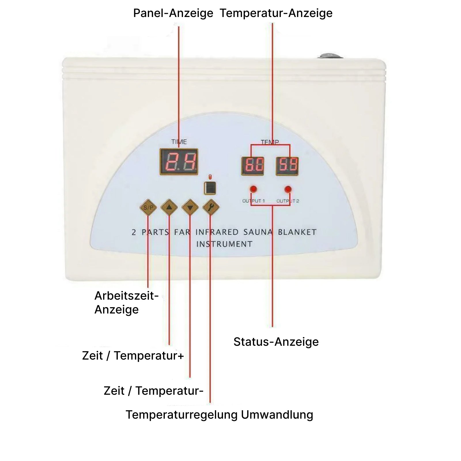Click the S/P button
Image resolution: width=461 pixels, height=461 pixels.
(x=148, y=207)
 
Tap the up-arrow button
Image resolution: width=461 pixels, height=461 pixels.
(x=169, y=207)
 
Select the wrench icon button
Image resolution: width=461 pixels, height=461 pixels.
(x=211, y=207)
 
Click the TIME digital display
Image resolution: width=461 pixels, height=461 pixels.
(x=179, y=162)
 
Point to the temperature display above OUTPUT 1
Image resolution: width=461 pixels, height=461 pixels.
(x=253, y=166)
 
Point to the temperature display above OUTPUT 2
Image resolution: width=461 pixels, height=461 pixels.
(x=287, y=166)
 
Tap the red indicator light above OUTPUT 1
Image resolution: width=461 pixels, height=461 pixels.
(x=253, y=189)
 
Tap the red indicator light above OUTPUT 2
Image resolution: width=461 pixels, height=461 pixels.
(x=288, y=189)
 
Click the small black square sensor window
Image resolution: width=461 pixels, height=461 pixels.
(x=210, y=188)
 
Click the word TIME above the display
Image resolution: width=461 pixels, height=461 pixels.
(x=179, y=142)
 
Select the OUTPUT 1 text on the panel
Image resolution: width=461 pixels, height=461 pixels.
(x=253, y=201)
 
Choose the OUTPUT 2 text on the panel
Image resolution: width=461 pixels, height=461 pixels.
(x=288, y=201)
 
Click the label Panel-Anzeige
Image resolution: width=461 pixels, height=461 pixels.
(x=173, y=13)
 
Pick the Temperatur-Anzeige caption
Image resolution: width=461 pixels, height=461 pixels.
(x=276, y=13)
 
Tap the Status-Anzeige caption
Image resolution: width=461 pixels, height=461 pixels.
(x=276, y=342)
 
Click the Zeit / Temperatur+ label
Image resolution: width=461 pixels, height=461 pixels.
(x=133, y=356)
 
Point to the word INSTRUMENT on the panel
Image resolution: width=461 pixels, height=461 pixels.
(x=224, y=244)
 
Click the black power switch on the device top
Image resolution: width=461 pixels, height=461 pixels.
(x=330, y=56)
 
